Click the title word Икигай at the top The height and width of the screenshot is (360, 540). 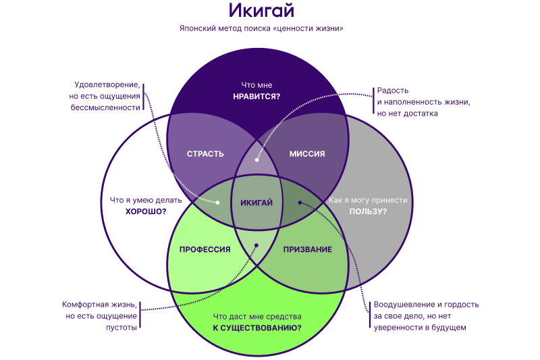point(261,11)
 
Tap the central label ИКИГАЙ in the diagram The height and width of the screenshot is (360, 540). point(256,203)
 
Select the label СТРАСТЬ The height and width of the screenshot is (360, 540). point(205,154)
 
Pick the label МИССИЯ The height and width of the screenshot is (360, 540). point(307,154)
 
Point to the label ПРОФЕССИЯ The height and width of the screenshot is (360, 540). point(205,250)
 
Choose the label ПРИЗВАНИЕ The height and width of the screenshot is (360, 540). point(308,250)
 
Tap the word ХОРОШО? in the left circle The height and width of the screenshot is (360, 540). point(146,211)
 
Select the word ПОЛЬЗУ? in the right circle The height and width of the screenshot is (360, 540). point(368,211)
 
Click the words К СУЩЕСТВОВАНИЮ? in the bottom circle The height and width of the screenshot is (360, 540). point(257,328)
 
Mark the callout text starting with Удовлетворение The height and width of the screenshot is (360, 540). point(108,97)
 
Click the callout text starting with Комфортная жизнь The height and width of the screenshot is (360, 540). point(101,315)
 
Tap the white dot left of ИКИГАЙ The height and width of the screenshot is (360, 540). point(218,202)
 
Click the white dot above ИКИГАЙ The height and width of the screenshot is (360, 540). point(256,160)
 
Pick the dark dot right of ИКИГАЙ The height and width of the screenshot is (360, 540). point(300,202)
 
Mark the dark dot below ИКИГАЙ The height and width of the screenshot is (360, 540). point(256,246)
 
